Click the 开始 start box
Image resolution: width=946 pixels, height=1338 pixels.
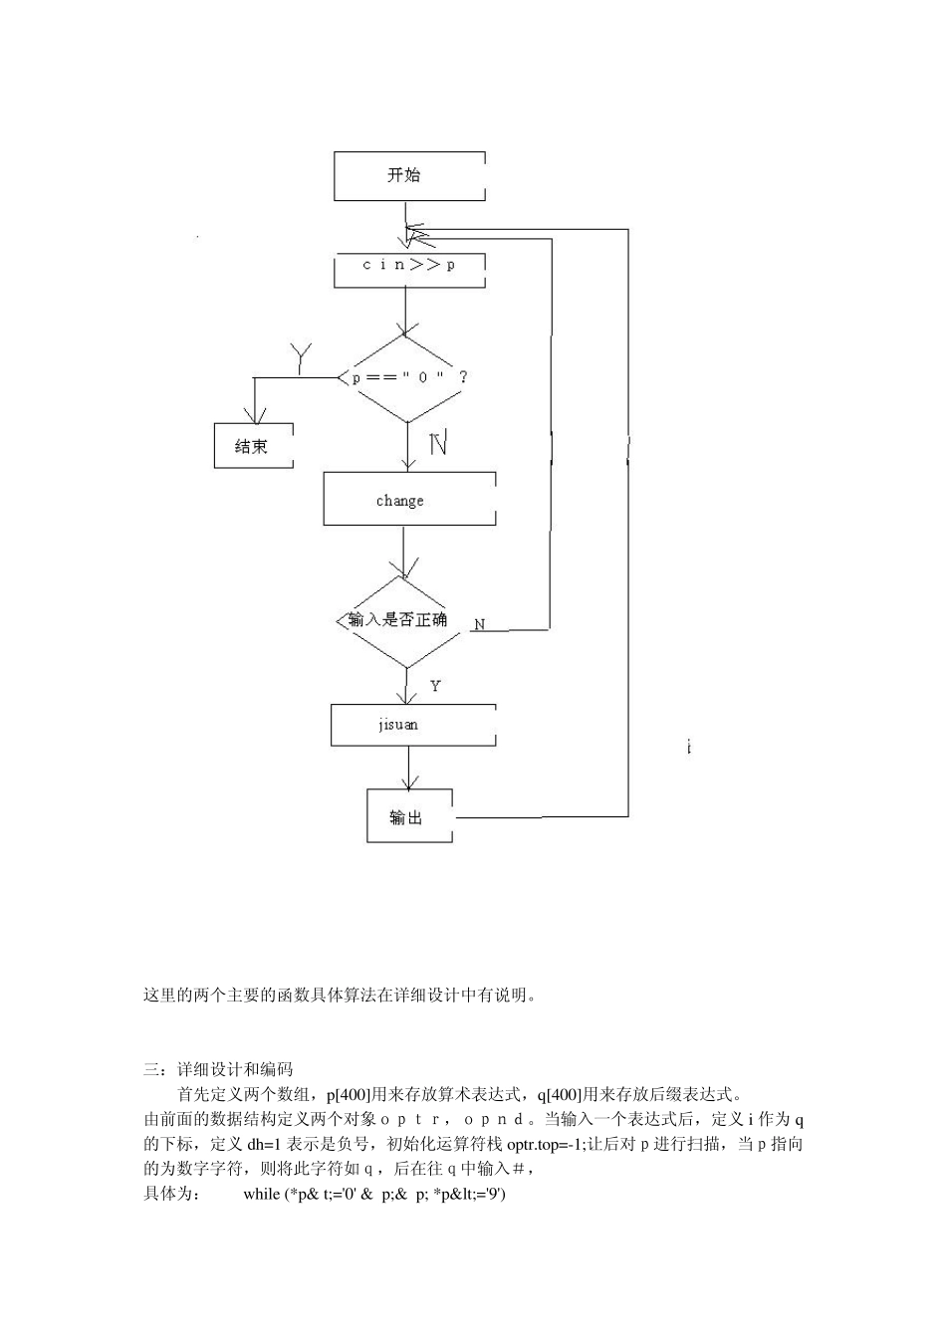pos(409,176)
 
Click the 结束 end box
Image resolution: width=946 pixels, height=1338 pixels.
pos(253,446)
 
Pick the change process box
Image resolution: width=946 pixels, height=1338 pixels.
pos(409,500)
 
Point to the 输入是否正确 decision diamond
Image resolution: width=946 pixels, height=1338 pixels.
pos(403,620)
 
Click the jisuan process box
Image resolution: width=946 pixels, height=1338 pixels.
pos(412,725)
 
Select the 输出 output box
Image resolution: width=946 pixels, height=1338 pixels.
pos(409,816)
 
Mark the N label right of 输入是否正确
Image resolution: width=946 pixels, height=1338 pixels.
pos(480,624)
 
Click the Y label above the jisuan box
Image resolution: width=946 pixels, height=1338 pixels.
pos(435,686)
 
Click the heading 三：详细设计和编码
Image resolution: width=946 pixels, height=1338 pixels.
pos(218,1069)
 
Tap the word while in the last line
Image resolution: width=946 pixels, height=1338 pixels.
pos(262,1194)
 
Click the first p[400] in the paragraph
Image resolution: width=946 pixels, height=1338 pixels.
pos(348,1094)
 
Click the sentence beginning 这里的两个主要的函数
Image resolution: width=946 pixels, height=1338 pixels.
pos(340,995)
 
